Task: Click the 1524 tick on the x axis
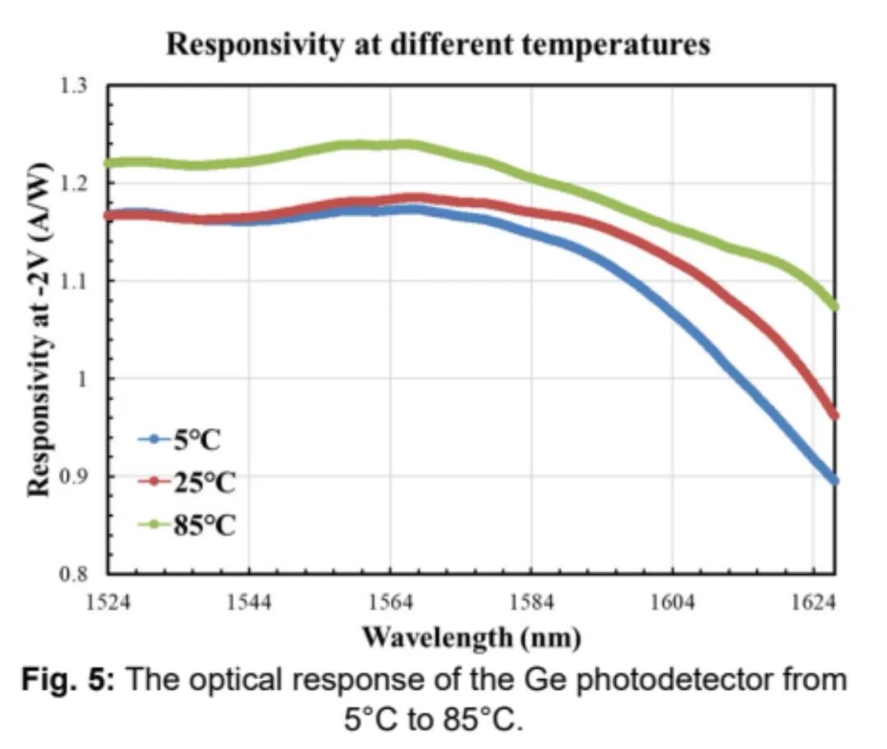coord(108,603)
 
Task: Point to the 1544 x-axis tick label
coord(249,603)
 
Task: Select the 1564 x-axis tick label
coord(390,603)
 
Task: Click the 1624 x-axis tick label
coord(813,603)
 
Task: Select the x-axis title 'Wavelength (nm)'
coord(471,636)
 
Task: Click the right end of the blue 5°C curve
coord(834,480)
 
